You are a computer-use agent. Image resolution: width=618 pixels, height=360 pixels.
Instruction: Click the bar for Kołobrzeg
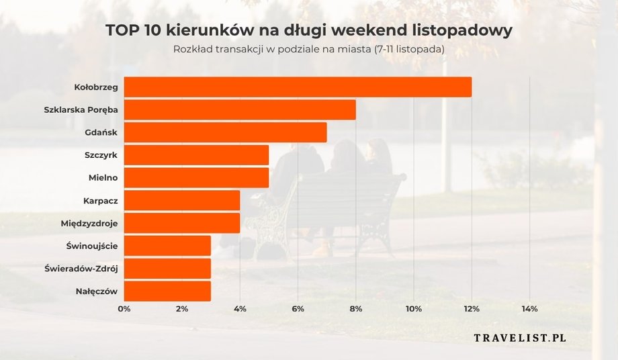pos(298,87)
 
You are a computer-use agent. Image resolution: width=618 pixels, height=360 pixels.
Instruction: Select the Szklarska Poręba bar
pos(240,109)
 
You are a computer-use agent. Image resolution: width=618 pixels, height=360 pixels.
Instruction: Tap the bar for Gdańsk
pos(225,132)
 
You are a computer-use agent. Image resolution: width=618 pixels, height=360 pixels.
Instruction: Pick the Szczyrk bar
pos(196,155)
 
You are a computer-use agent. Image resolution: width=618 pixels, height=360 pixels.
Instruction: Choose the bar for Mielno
pos(196,177)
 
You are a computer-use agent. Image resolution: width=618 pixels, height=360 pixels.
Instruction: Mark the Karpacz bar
pos(182,200)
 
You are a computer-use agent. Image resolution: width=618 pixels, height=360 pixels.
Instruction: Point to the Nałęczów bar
pos(167,291)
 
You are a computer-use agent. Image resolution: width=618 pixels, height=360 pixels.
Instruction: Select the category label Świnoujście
pos(92,246)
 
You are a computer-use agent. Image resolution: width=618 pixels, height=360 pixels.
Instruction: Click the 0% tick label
pos(124,309)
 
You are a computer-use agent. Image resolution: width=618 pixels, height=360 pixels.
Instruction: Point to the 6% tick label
pos(298,309)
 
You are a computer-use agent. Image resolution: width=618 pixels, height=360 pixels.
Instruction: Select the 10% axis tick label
pos(414,309)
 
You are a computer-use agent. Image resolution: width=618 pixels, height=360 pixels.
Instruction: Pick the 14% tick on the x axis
pos(529,309)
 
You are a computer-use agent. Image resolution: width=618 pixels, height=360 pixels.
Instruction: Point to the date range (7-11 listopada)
pos(409,50)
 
